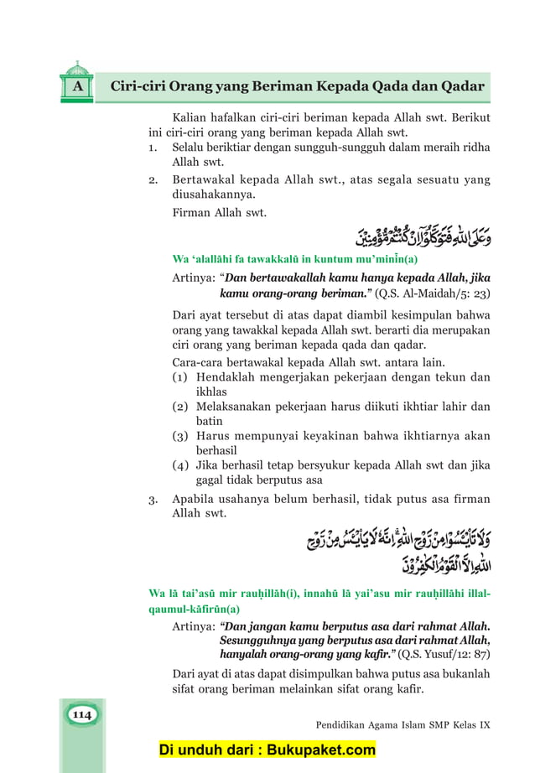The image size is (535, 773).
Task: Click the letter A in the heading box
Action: pos(76,87)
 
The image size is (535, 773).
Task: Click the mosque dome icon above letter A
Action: pos(76,66)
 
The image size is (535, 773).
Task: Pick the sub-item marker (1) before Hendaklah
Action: pos(179,377)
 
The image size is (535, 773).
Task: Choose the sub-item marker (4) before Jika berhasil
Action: pos(179,465)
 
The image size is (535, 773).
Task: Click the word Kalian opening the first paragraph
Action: pos(190,117)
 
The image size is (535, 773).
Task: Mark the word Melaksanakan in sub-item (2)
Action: pos(238,407)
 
